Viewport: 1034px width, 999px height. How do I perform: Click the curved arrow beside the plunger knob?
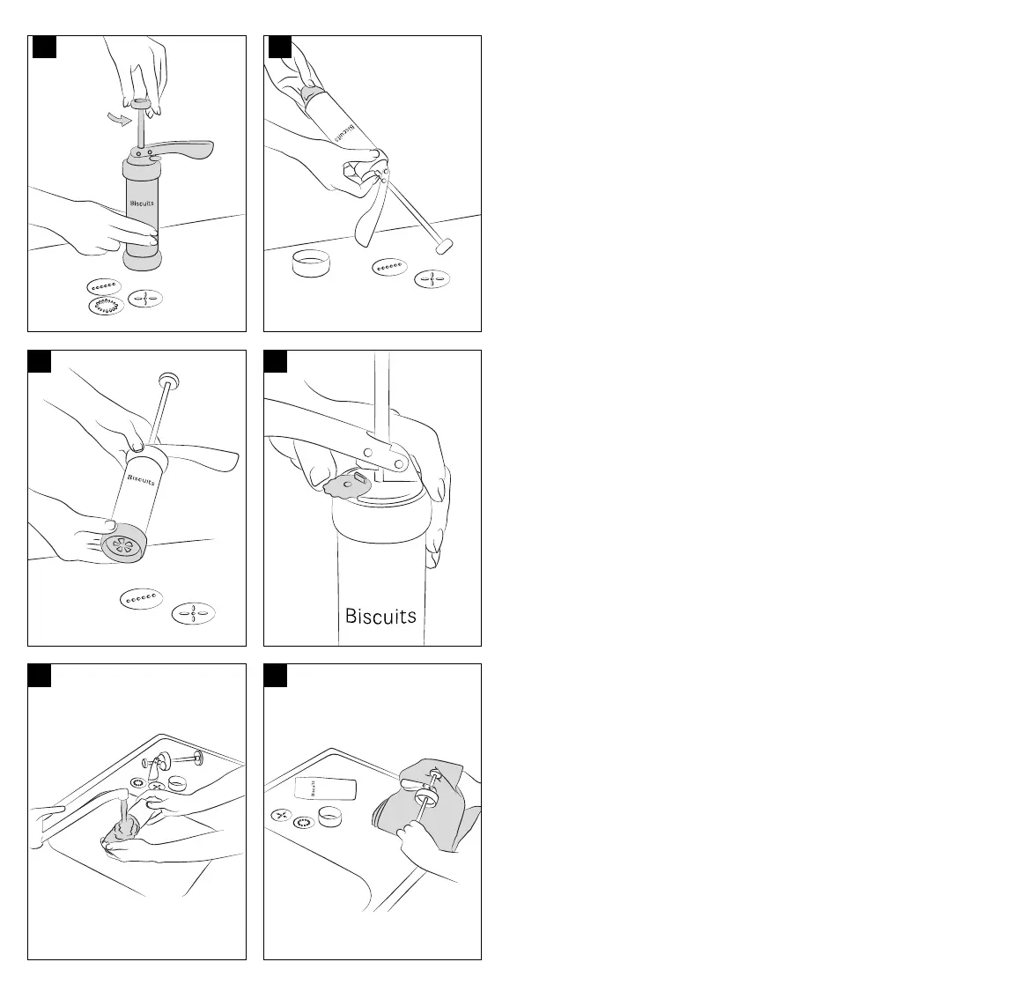pyautogui.click(x=115, y=120)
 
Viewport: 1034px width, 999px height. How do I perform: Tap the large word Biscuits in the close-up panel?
pyautogui.click(x=380, y=615)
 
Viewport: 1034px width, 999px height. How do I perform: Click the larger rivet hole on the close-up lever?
pyautogui.click(x=401, y=462)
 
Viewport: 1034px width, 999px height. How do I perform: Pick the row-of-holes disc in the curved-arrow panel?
pyautogui.click(x=103, y=286)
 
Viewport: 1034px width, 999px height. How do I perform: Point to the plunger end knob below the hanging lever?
pyautogui.click(x=443, y=246)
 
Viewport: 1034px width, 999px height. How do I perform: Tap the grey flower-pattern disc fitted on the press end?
pyautogui.click(x=122, y=546)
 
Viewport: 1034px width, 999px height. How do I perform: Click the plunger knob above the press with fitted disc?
pyautogui.click(x=166, y=381)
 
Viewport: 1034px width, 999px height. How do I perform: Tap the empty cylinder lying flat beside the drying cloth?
pyautogui.click(x=325, y=788)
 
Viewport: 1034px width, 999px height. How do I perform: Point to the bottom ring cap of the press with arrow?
pyautogui.click(x=144, y=262)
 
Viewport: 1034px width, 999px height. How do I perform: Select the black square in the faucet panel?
pyautogui.click(x=39, y=675)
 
